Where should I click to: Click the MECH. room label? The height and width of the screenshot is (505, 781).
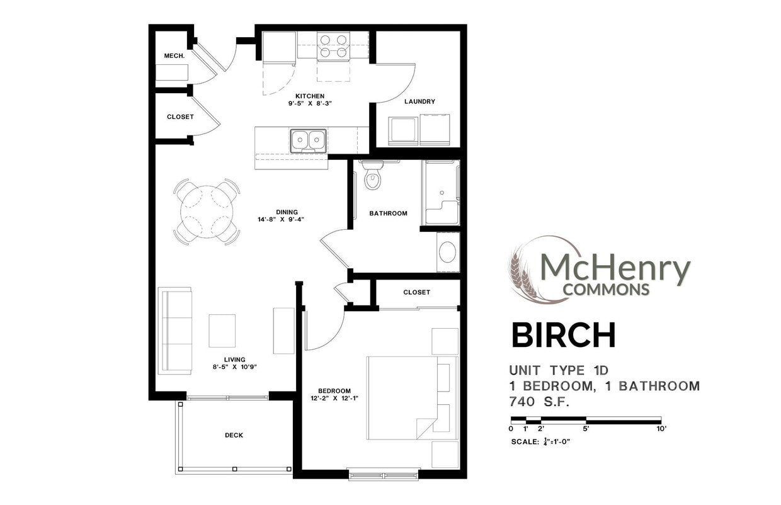click(x=174, y=56)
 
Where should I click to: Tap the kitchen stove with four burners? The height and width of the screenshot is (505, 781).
click(x=333, y=45)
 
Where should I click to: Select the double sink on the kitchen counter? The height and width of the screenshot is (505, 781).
click(x=308, y=140)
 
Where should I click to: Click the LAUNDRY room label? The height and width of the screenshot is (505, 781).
click(x=419, y=101)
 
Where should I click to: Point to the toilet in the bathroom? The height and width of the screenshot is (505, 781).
click(x=373, y=177)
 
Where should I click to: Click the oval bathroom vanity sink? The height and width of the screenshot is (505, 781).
click(x=448, y=252)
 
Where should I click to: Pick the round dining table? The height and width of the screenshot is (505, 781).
click(x=207, y=212)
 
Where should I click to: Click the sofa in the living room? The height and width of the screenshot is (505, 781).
click(x=176, y=331)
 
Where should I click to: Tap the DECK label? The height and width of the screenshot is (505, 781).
click(x=234, y=435)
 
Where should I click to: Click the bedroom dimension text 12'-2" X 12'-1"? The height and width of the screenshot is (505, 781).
click(x=334, y=399)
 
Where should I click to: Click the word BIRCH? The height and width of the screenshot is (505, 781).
click(x=563, y=336)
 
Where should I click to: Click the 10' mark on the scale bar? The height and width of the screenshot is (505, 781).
click(x=660, y=428)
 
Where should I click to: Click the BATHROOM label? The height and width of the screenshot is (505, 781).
click(x=388, y=213)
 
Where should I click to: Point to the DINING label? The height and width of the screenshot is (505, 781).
click(x=287, y=212)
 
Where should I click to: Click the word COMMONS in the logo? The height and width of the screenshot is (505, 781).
click(x=606, y=290)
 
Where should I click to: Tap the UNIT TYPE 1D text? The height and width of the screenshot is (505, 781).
click(x=559, y=370)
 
